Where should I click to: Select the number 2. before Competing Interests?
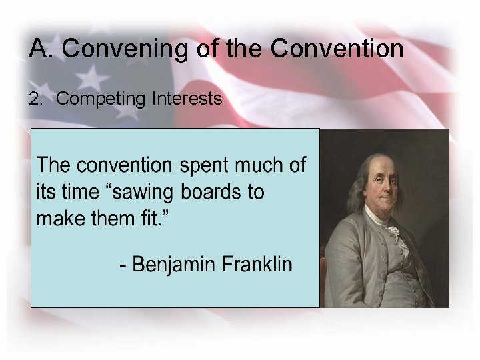(35, 99)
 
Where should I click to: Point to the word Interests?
(187, 99)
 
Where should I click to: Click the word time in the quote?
(79, 192)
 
